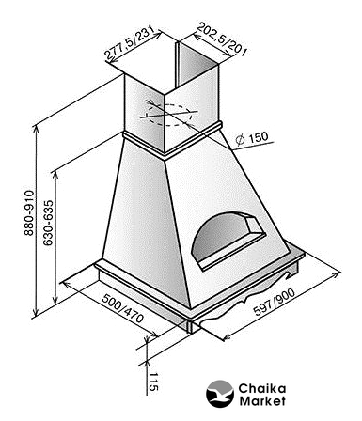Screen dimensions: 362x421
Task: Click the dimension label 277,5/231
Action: click(129, 43)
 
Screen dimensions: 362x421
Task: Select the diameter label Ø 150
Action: click(252, 138)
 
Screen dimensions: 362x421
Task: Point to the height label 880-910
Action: click(29, 212)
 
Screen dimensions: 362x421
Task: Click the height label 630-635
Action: click(48, 223)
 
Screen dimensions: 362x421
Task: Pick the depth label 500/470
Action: click(123, 308)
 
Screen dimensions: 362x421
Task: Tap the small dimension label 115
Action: click(153, 382)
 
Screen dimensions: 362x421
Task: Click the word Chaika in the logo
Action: click(262, 389)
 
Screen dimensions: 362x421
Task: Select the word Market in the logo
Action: click(262, 401)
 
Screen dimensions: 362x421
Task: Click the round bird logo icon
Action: click(220, 394)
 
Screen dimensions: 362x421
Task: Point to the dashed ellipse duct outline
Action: click(169, 115)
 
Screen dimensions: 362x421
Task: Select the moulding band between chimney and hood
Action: click(173, 140)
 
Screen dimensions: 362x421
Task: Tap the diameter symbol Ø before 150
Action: click(241, 140)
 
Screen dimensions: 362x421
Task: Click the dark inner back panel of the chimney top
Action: click(198, 64)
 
